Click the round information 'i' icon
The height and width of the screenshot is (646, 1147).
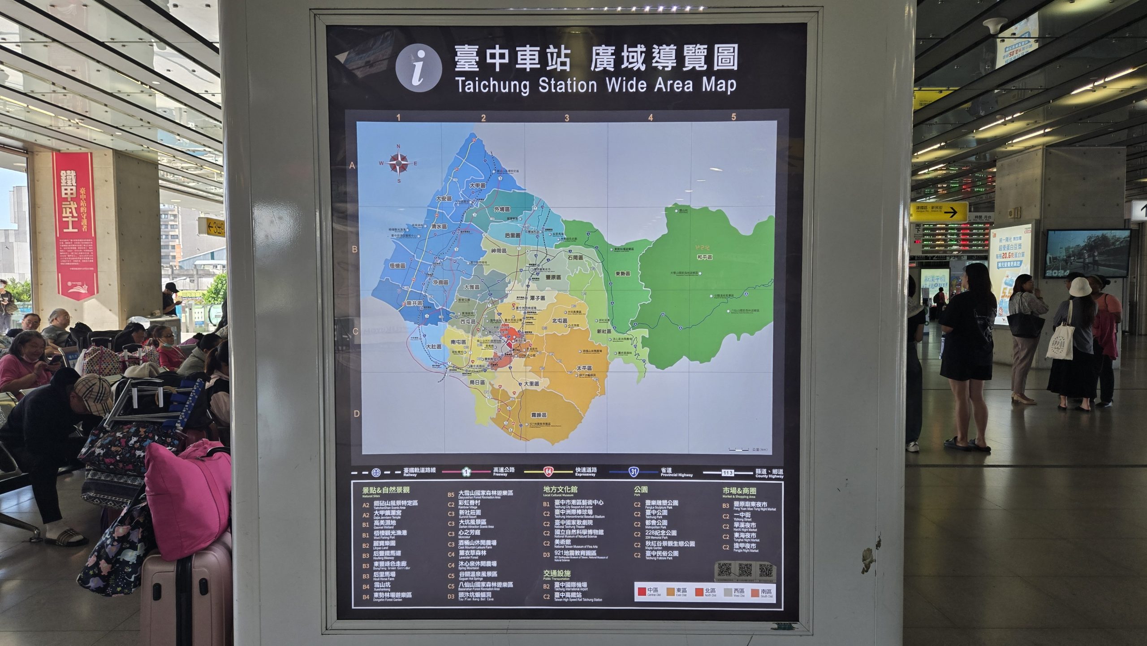click(418, 68)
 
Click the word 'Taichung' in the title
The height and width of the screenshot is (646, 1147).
click(492, 85)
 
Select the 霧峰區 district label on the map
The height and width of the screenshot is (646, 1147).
click(538, 415)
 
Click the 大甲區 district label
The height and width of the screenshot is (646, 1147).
click(477, 185)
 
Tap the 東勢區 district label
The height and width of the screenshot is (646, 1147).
click(622, 273)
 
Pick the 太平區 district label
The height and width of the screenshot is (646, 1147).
click(584, 368)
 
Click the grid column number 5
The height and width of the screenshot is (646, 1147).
click(733, 117)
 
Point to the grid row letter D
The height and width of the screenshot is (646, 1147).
click(357, 413)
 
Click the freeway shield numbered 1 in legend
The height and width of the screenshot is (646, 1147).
click(466, 472)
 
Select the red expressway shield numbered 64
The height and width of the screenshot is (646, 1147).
click(548, 472)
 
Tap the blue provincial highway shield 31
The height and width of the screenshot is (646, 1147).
click(633, 472)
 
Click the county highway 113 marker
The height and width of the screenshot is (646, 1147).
click(727, 473)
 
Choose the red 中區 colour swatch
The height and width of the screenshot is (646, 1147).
click(642, 592)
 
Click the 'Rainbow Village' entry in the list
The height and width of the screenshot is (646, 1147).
click(469, 504)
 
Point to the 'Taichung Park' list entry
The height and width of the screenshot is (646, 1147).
click(656, 514)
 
